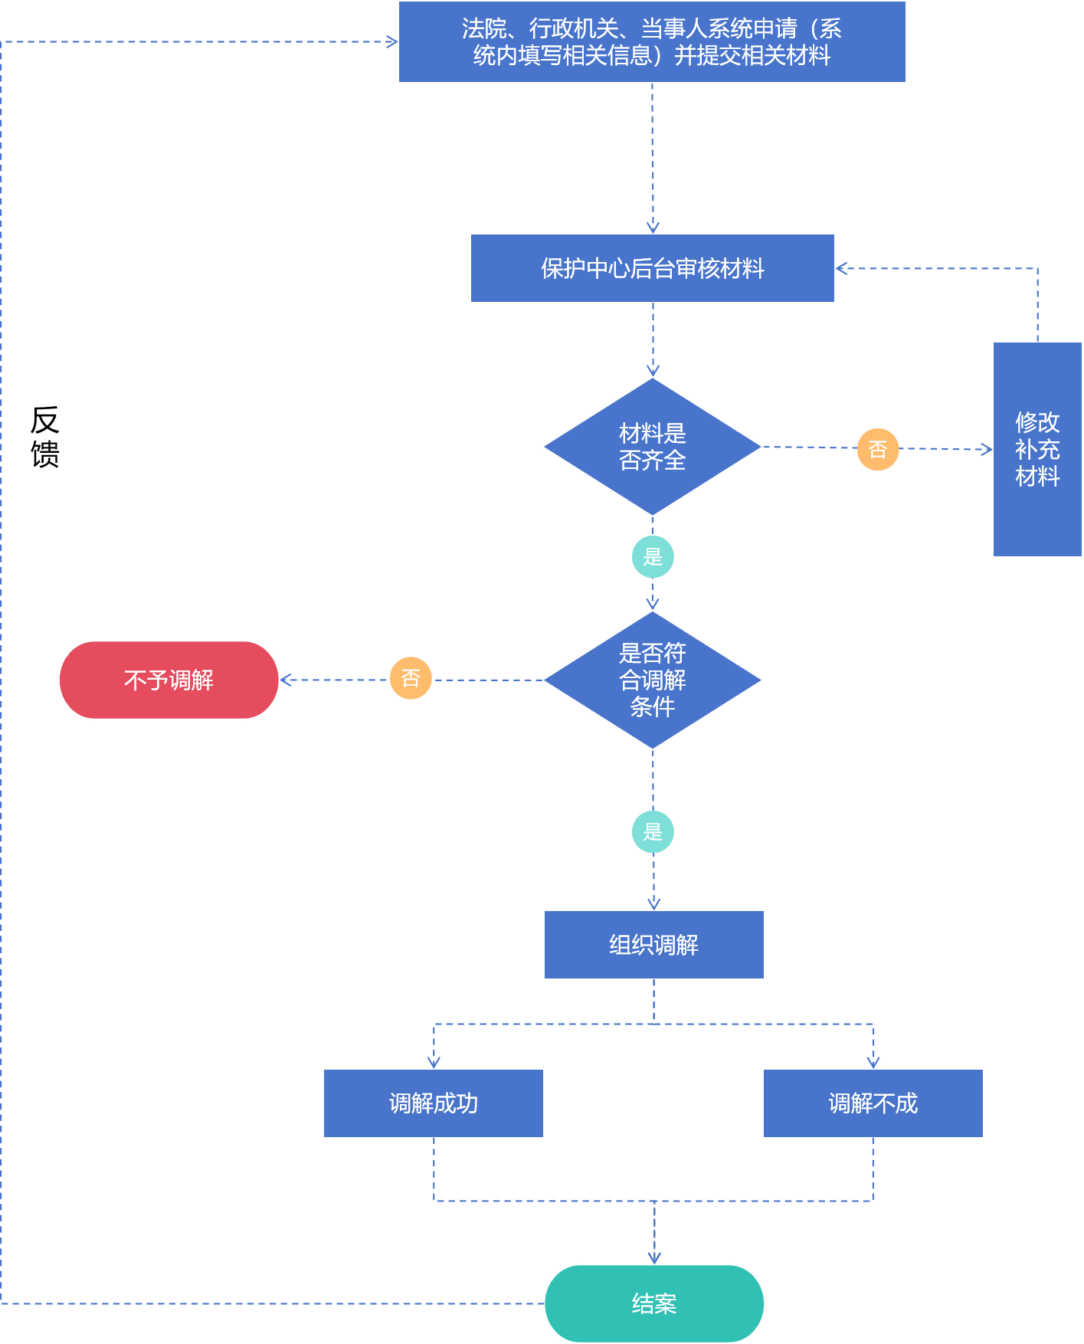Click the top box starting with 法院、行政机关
click(652, 41)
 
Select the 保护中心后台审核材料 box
click(653, 268)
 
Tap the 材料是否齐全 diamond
click(653, 447)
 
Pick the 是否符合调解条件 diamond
click(653, 680)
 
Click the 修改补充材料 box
click(1037, 449)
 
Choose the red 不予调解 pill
click(169, 680)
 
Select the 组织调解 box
click(654, 945)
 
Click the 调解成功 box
click(434, 1103)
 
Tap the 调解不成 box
click(873, 1103)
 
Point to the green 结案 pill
click(654, 1303)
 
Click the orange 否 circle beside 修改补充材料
click(878, 449)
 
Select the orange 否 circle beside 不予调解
click(411, 678)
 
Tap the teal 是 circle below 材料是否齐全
click(653, 557)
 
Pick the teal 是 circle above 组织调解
click(653, 832)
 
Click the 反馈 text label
click(45, 437)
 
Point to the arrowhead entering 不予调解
click(285, 680)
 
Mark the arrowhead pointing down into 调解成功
click(434, 1063)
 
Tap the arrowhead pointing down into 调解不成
click(873, 1063)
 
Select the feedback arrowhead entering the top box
click(392, 41)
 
